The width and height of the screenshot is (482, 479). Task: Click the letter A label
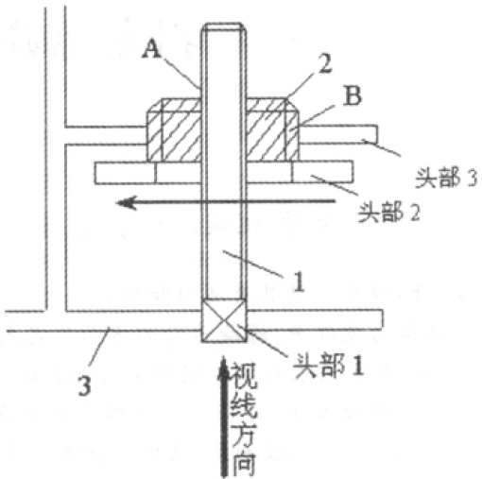(151, 49)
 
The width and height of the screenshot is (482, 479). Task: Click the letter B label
(353, 95)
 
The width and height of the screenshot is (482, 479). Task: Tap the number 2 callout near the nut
(325, 63)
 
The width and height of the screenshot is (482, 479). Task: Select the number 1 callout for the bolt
(299, 282)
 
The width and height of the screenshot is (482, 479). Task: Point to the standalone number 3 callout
(84, 385)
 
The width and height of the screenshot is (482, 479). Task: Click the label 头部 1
(328, 366)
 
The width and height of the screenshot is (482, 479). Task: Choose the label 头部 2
(389, 212)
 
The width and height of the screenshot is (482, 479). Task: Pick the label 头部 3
(446, 178)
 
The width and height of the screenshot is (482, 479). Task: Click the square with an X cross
(224, 320)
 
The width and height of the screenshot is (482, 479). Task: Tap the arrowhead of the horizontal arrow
(126, 202)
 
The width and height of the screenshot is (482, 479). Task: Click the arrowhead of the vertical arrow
(223, 367)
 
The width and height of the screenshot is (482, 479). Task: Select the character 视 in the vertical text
(244, 375)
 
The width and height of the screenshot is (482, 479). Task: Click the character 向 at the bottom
(244, 463)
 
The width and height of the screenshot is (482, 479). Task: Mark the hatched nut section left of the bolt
(174, 129)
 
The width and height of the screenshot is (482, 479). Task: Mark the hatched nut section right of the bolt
(272, 129)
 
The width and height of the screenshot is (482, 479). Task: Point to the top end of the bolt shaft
(224, 24)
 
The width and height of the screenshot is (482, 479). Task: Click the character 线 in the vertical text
(244, 404)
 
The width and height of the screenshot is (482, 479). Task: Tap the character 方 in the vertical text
(244, 434)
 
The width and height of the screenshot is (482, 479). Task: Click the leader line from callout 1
(253, 264)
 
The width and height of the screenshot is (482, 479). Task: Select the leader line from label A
(181, 72)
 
